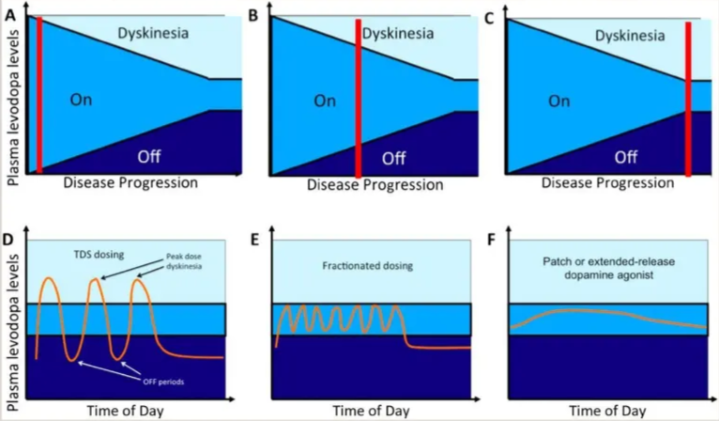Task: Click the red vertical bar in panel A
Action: tap(38, 94)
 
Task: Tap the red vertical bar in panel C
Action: tap(689, 99)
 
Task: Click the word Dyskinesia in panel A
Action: tap(154, 34)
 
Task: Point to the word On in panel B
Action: tap(324, 100)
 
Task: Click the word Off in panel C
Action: tap(627, 156)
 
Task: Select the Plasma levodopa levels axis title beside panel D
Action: tap(12, 324)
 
